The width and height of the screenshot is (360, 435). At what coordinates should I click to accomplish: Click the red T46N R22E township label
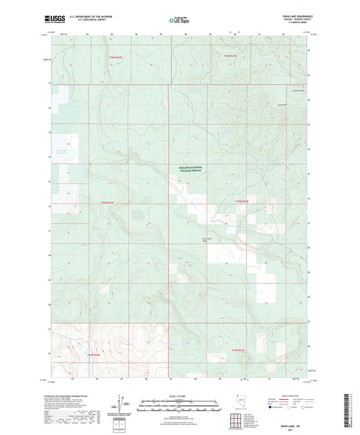tap(95, 58)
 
